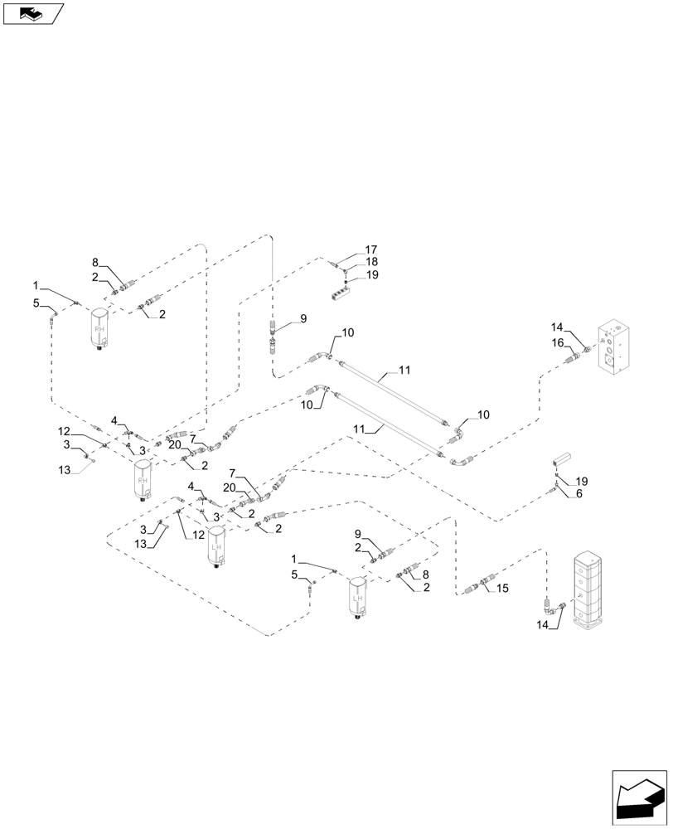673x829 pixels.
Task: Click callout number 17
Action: pos(370,250)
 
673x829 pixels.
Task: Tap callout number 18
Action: pos(370,262)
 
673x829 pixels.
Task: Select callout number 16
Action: pos(558,342)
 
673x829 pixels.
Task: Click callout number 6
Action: pos(578,493)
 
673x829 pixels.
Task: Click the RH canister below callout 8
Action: pos(100,329)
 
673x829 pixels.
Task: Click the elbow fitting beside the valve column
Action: pos(559,608)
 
